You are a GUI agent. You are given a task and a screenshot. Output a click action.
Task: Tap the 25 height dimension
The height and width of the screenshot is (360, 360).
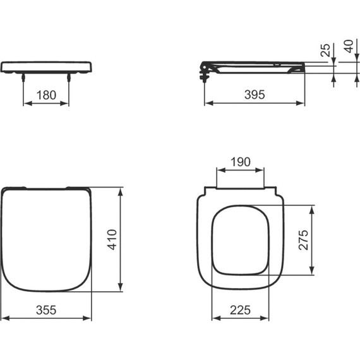coord(325,51)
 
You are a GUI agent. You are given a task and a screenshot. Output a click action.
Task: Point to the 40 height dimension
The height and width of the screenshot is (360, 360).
coord(347,47)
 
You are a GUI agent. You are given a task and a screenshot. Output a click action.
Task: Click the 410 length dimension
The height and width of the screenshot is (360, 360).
coord(111,239)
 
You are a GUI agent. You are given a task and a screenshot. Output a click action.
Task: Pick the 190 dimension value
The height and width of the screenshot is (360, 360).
coord(240,162)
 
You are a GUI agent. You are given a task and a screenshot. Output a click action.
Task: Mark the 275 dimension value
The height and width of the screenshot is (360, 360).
coord(303,240)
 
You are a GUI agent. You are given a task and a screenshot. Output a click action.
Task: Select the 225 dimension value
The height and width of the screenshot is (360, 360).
coord(240,309)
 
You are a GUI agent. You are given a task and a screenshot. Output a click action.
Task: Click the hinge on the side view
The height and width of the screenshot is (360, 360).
coord(205,69)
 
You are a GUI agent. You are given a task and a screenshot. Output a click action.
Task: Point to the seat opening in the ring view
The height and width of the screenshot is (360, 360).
coord(240,240)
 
